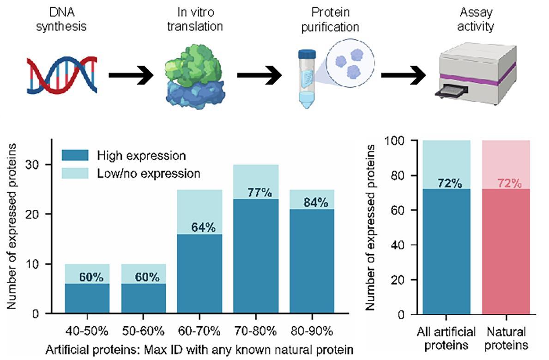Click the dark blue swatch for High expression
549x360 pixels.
click(x=76, y=155)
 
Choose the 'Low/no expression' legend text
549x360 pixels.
click(x=149, y=173)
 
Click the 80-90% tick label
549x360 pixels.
click(x=313, y=331)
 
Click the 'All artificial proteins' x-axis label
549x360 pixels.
click(x=446, y=339)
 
